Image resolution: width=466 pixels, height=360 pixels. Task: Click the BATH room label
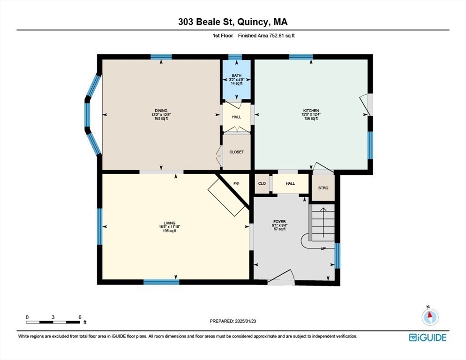tap(237, 75)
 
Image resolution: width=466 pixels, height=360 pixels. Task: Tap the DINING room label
tap(161, 111)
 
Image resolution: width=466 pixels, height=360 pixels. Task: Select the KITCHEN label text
tap(311, 111)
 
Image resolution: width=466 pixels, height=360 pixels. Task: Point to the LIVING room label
tap(169, 223)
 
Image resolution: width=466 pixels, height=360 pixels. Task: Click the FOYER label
tap(279, 221)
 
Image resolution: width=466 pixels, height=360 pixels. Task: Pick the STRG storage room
tap(323, 188)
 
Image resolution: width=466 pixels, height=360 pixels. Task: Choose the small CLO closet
tap(262, 183)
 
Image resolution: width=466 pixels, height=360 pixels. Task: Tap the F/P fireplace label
tap(236, 184)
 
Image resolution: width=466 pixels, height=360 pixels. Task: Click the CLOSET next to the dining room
tap(237, 152)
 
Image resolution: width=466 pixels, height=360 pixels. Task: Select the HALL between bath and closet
tap(237, 117)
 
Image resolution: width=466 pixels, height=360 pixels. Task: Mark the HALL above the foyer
tap(290, 183)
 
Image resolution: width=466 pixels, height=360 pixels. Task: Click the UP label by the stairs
tap(323, 248)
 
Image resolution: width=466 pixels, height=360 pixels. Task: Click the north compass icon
tap(430, 317)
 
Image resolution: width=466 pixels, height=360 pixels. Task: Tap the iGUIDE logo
tap(428, 337)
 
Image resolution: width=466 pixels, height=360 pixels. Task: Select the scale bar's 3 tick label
tap(53, 317)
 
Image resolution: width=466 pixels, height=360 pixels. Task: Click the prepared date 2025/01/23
tap(246, 321)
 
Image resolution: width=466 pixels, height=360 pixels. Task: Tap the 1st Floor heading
tap(223, 36)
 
